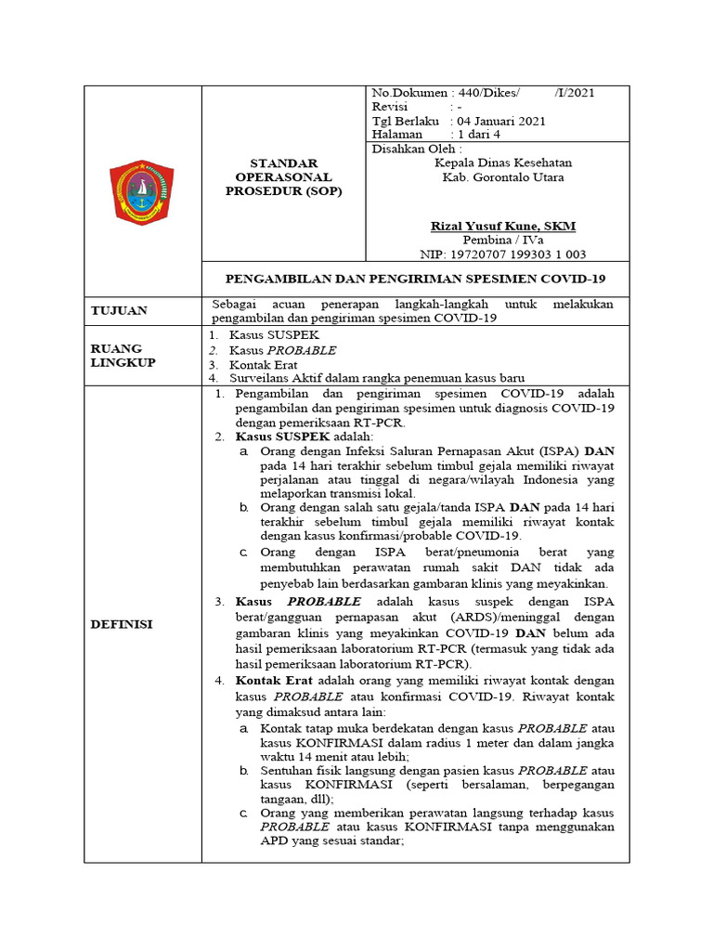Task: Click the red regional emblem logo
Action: [142, 191]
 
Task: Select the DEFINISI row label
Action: [121, 624]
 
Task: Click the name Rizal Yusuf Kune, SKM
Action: [503, 226]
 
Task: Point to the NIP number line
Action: [501, 254]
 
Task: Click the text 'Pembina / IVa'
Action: [501, 240]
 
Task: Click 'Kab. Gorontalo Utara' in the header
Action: [502, 176]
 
